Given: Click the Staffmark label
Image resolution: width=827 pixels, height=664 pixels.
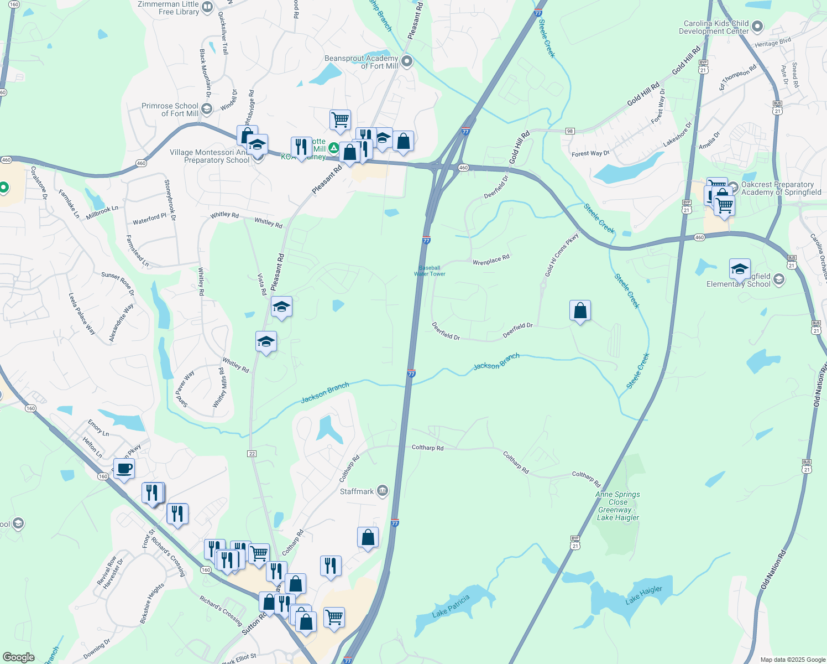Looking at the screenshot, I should tap(357, 491).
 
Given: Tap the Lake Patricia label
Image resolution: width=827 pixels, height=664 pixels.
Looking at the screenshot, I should tap(451, 606).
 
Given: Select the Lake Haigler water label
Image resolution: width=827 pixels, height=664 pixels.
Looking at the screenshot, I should tap(643, 595).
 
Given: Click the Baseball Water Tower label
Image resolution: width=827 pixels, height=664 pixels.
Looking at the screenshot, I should tap(430, 271).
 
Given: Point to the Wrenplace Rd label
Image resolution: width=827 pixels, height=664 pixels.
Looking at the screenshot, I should tap(491, 260).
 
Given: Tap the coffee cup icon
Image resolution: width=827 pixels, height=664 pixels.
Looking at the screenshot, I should tap(124, 469).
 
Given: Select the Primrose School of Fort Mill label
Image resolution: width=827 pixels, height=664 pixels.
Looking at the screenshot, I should tap(170, 110).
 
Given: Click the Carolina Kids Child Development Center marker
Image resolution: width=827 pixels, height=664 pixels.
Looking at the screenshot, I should tap(757, 27).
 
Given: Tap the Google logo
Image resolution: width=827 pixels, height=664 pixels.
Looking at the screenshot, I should tap(19, 657).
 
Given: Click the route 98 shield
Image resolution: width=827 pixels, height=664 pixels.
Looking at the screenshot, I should tap(570, 131).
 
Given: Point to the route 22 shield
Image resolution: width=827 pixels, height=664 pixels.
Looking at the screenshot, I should tap(252, 454).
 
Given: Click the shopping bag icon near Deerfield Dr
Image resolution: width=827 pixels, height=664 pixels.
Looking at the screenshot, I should tap(580, 311).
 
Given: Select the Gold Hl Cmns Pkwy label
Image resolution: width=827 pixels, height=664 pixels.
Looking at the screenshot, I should tap(562, 255).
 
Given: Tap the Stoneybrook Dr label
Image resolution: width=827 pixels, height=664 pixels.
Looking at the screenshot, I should tap(170, 200).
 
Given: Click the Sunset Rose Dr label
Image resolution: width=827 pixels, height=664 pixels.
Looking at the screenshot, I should tap(118, 283).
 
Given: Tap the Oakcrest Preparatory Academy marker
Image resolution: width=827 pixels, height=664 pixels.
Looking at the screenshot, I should tap(733, 187).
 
